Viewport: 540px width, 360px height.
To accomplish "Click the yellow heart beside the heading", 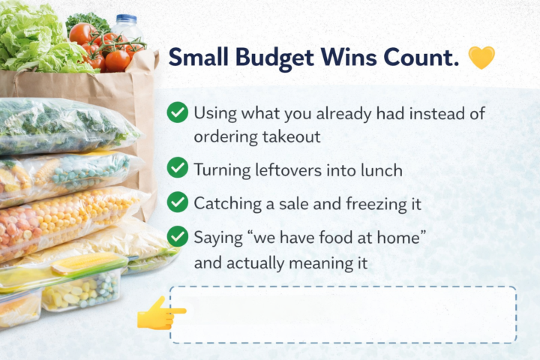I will [x=481, y=58].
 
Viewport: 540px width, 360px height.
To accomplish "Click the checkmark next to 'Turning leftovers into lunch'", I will [x=178, y=167].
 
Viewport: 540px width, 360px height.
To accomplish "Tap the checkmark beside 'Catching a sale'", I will [x=178, y=202].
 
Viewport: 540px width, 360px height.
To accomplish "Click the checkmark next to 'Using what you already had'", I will [x=178, y=113].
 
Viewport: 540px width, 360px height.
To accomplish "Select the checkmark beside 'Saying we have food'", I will [x=178, y=237].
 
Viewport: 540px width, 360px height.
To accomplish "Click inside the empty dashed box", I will [x=343, y=314].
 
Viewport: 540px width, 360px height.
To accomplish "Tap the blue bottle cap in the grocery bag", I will [x=127, y=18].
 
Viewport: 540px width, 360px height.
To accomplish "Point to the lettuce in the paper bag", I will [x=34, y=41].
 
